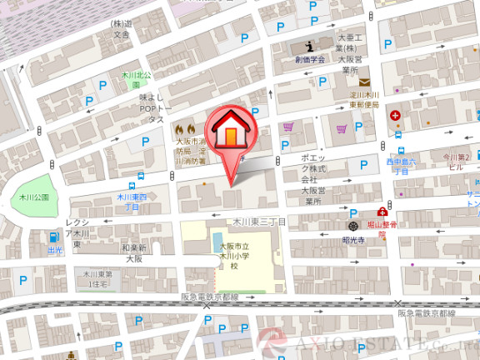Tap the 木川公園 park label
(x=34, y=197)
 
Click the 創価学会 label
(x=308, y=60)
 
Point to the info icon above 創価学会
(x=308, y=45)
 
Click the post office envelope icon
(x=364, y=82)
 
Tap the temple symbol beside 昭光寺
(x=353, y=226)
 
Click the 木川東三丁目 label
(x=259, y=222)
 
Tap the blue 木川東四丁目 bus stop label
(x=132, y=202)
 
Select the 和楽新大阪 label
(x=133, y=253)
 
